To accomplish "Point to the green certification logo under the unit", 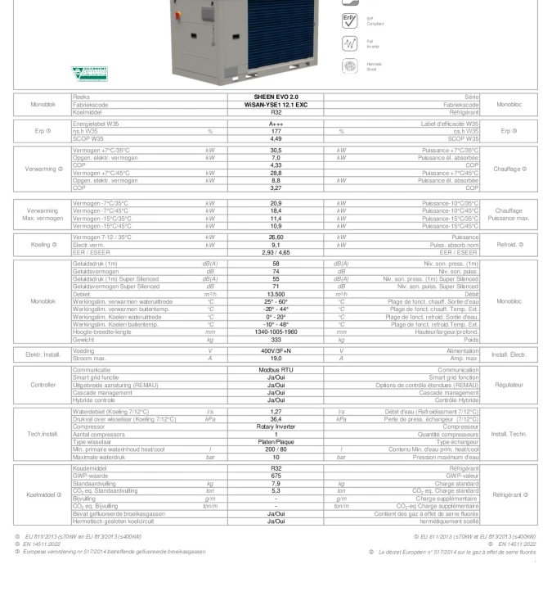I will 91,74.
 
